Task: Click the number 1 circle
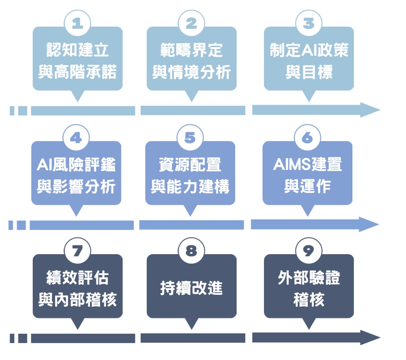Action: tap(77, 24)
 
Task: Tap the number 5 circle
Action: tap(190, 138)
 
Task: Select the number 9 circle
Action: tap(308, 251)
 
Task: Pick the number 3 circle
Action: tap(309, 24)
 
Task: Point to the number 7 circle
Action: tap(77, 251)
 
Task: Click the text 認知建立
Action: tap(78, 51)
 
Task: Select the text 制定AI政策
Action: tap(309, 51)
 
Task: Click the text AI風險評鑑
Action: tap(76, 165)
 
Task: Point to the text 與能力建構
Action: tap(190, 188)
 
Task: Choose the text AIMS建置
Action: tap(307, 165)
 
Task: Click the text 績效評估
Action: tap(78, 278)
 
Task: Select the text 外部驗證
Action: tap(309, 278)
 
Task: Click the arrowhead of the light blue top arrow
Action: tap(370, 110)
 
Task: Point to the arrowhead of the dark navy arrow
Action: tap(370, 338)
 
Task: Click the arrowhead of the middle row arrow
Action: tap(369, 224)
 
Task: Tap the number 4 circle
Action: tap(76, 138)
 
